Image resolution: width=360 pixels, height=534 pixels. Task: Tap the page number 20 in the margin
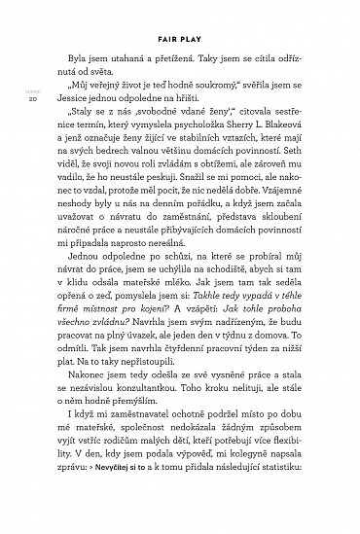pyautogui.click(x=32, y=98)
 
